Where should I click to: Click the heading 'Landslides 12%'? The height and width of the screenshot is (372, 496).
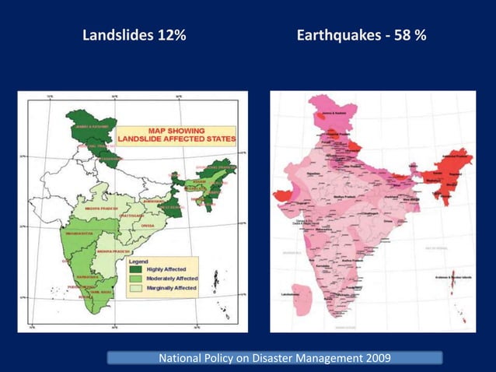(x=134, y=36)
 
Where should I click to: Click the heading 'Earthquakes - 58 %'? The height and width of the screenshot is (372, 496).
(x=361, y=36)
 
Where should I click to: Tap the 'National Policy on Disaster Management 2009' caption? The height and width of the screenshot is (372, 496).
(x=274, y=358)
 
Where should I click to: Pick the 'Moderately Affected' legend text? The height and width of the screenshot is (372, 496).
(x=172, y=278)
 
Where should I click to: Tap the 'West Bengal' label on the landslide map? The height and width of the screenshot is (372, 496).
(x=173, y=208)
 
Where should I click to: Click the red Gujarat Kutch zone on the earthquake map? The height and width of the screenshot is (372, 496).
(x=284, y=193)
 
